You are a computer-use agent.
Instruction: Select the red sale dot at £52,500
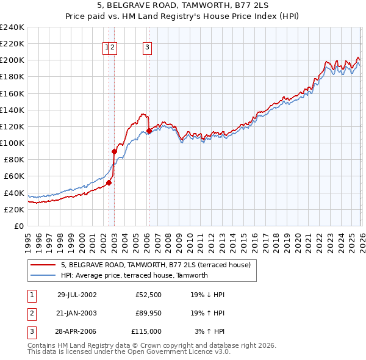click(109, 182)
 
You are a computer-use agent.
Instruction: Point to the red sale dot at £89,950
click(114, 151)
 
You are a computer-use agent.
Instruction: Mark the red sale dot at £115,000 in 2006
click(149, 131)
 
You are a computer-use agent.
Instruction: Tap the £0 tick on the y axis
click(18, 226)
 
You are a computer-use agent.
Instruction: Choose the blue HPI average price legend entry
click(134, 275)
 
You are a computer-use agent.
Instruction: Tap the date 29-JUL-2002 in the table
click(77, 295)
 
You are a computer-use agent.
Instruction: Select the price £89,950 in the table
click(148, 313)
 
